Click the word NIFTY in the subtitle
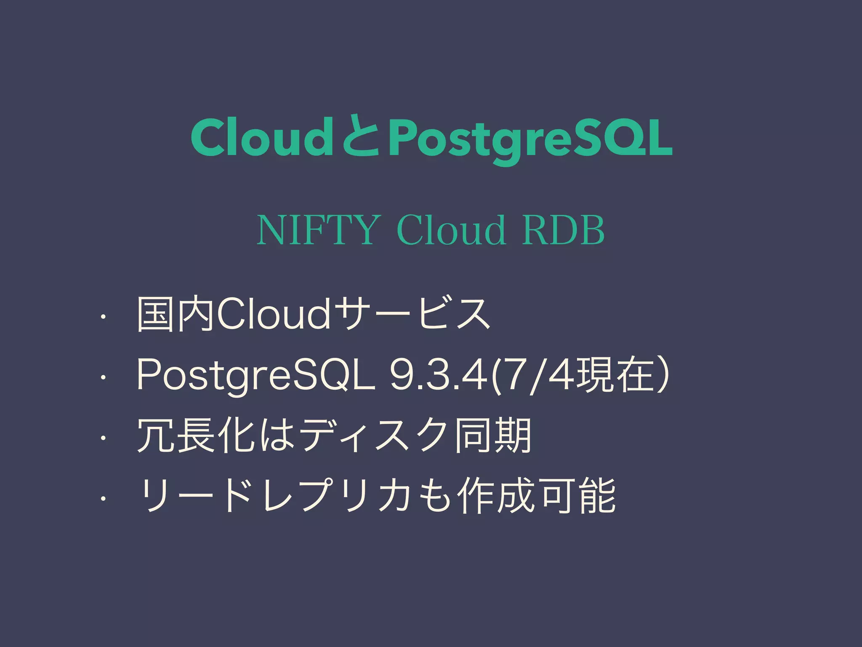click(316, 230)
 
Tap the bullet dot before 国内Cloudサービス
click(102, 315)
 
